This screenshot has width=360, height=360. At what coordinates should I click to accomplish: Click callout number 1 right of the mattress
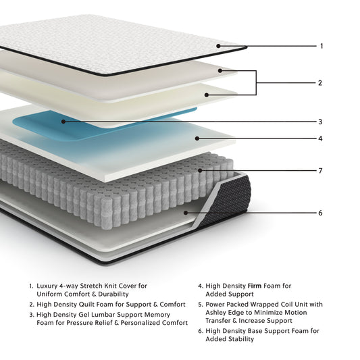coord(322,46)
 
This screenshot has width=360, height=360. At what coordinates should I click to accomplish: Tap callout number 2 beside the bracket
coord(320,83)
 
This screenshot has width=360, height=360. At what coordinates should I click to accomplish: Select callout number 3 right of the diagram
coord(320,122)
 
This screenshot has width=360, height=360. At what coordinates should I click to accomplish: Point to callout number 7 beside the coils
coord(320,170)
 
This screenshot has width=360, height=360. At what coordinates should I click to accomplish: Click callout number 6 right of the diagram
coord(320,213)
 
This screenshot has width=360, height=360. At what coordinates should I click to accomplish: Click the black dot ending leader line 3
coord(63,122)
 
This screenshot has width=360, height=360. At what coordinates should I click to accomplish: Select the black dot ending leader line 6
coord(186,213)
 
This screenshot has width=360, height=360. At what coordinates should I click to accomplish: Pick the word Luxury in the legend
coord(47,286)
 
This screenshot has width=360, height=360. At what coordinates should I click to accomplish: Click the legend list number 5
coord(201,304)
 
